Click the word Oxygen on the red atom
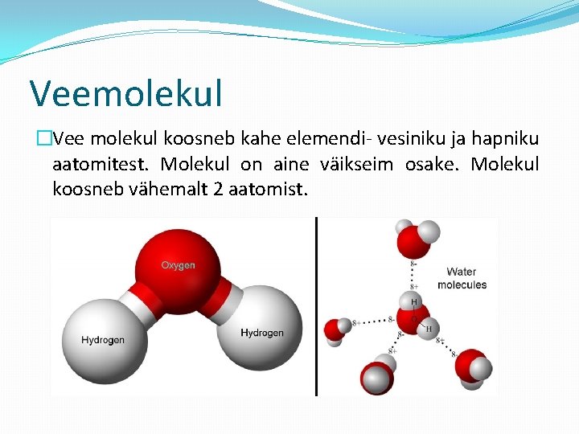click(x=178, y=265)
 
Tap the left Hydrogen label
click(x=103, y=339)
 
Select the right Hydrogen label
click(x=262, y=333)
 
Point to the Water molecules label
click(x=462, y=278)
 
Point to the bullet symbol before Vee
click(x=43, y=139)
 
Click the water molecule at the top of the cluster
click(x=414, y=238)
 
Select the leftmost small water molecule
click(x=337, y=329)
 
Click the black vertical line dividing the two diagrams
click(x=316, y=305)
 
